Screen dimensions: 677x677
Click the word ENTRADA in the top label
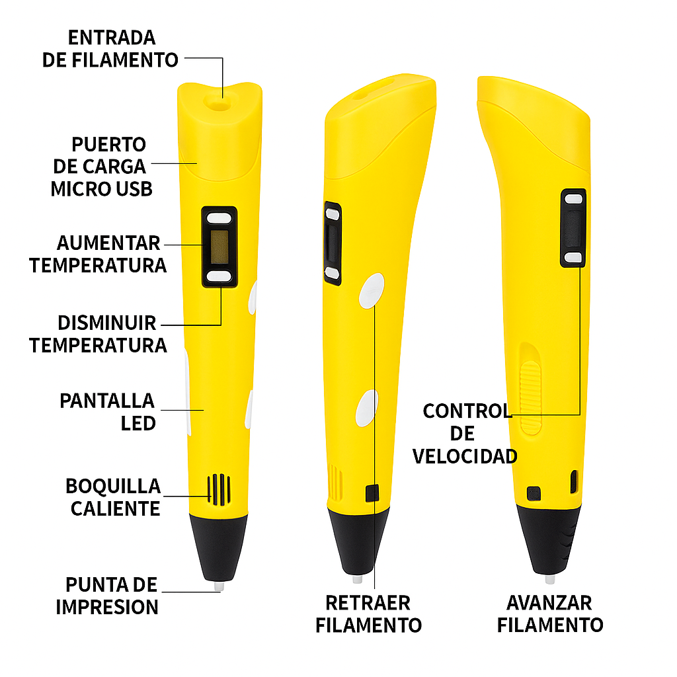[x=111, y=38]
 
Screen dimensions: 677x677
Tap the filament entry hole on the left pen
[x=218, y=102]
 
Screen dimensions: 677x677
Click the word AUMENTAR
[x=108, y=243]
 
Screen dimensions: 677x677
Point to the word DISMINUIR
[x=106, y=323]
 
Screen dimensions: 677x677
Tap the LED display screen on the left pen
[x=219, y=247]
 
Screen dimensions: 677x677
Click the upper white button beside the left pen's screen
[x=219, y=218]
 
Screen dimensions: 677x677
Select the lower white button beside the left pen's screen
[x=219, y=276]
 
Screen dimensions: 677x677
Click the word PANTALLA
[x=107, y=401]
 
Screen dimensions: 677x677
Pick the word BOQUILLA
[x=113, y=486]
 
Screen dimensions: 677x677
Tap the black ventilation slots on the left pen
[x=219, y=490]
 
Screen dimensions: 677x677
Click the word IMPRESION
[x=107, y=607]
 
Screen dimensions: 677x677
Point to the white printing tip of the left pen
[x=219, y=586]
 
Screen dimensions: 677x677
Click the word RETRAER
[x=368, y=603]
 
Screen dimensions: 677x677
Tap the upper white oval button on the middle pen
[x=372, y=291]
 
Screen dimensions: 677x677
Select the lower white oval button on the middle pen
[x=367, y=408]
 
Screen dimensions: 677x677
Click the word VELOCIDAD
[x=465, y=456]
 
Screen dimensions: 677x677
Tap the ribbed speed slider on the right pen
[x=531, y=398]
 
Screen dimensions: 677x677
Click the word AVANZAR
[x=549, y=603]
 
